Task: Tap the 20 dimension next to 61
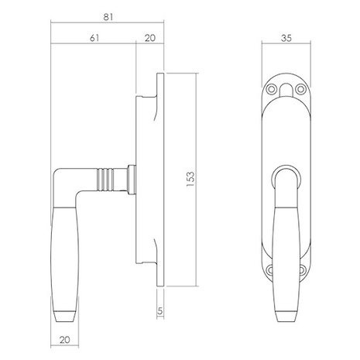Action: (149, 36)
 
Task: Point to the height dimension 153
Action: (199, 175)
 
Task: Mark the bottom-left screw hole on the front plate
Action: (270, 270)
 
